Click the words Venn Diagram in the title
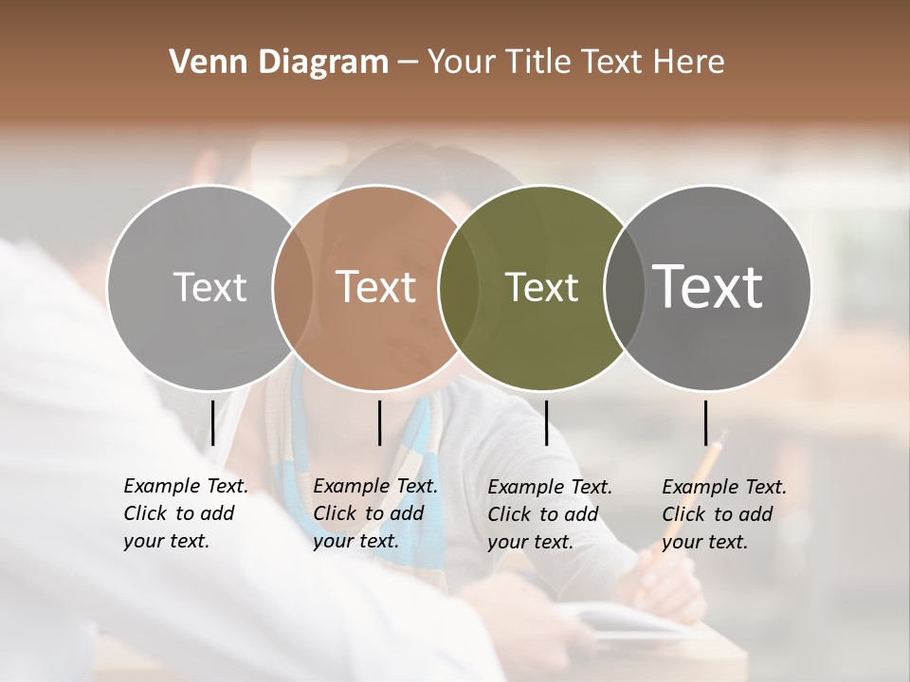pyautogui.click(x=279, y=63)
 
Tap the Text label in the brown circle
pyautogui.click(x=376, y=287)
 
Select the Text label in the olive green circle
pyautogui.click(x=541, y=287)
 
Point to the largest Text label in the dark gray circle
pyautogui.click(x=708, y=287)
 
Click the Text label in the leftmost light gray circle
pyautogui.click(x=209, y=287)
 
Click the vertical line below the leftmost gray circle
pyautogui.click(x=213, y=422)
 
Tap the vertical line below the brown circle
pyautogui.click(x=379, y=422)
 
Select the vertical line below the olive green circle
pyautogui.click(x=546, y=422)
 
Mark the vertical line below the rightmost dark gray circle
pyautogui.click(x=706, y=422)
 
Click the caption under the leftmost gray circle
pyautogui.click(x=185, y=513)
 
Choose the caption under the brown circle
pyautogui.click(x=374, y=513)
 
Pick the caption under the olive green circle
pyautogui.click(x=549, y=514)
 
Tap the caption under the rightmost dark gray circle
pyautogui.click(x=723, y=514)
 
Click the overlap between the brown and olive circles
pyautogui.click(x=459, y=287)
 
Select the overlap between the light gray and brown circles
pyautogui.click(x=293, y=287)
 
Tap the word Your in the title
pyautogui.click(x=461, y=63)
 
